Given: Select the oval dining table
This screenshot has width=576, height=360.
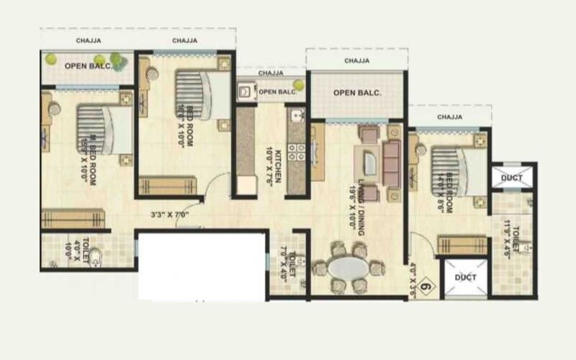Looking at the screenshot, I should click(x=347, y=269).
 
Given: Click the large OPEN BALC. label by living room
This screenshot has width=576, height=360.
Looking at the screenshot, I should click(x=356, y=92).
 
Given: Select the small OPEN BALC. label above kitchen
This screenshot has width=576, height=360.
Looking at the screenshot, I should click(x=276, y=91).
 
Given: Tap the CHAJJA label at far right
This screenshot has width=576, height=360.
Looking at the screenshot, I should click(x=449, y=116).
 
